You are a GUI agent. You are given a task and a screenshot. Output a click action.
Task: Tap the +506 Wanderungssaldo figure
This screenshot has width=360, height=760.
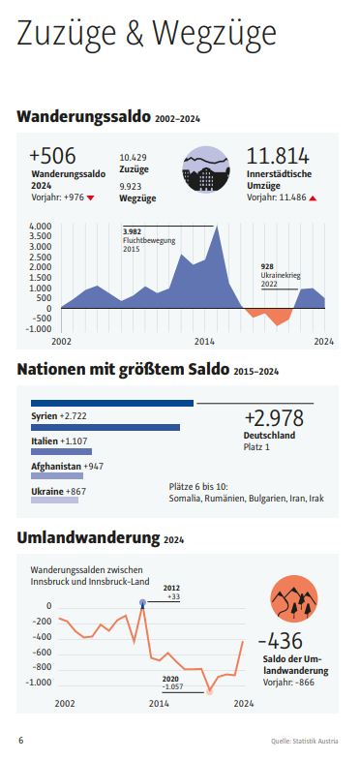coord(52,157)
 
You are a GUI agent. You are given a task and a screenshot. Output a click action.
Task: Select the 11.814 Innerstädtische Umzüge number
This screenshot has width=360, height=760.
coord(279,157)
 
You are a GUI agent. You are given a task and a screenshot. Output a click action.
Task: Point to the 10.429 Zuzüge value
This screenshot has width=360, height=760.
coord(133,157)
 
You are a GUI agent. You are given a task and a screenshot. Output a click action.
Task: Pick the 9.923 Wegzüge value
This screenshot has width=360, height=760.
coord(133,185)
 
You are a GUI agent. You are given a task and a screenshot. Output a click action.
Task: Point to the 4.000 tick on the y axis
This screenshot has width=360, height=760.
coord(40,227)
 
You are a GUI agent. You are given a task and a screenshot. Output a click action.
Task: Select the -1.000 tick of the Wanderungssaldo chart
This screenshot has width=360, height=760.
coord(38,328)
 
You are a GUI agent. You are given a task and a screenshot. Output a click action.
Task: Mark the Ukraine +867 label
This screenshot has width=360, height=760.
coord(58,492)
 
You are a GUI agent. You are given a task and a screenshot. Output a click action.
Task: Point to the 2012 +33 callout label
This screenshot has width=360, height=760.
coord(171,592)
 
